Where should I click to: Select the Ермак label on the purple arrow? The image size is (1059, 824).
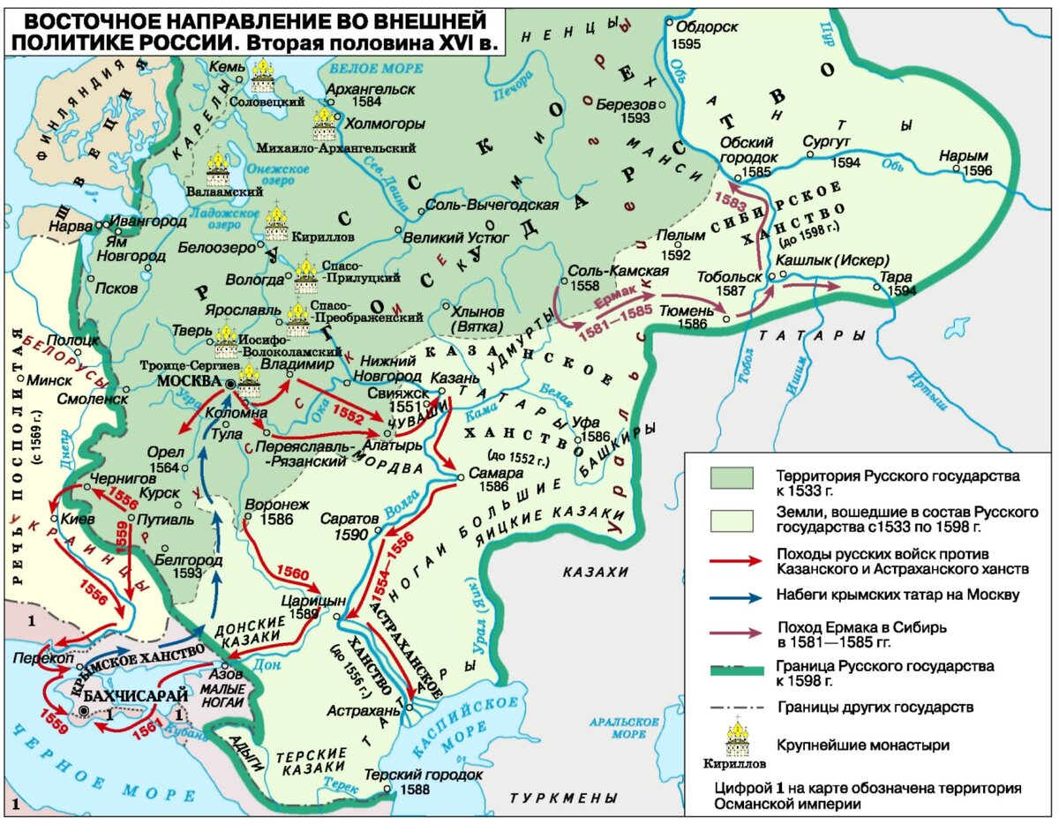click(x=616, y=302)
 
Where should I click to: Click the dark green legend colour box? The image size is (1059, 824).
click(x=731, y=477)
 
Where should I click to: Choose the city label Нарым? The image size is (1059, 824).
click(x=963, y=154)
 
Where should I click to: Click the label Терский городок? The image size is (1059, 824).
click(x=422, y=775)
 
